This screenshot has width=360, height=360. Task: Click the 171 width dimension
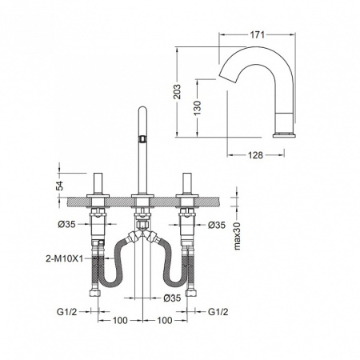coord(257,34)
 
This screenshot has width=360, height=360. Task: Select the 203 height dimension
coord(178,92)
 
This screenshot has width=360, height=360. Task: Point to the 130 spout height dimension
coord(198,108)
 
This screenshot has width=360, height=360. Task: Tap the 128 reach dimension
coord(255,155)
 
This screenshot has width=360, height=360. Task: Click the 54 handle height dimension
coord(60,186)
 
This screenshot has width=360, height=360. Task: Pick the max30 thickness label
coord(237,236)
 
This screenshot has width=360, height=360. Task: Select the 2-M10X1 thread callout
coord(65,258)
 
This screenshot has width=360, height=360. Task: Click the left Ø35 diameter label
coord(67,225)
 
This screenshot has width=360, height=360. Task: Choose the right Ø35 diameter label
coord(217,225)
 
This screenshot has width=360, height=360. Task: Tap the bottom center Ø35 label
coord(172,298)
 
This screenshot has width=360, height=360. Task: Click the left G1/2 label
coord(66,311)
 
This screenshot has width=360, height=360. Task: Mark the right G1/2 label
coord(218,311)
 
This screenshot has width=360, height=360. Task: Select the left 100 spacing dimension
coord(120,320)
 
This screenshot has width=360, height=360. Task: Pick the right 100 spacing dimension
coord(165,320)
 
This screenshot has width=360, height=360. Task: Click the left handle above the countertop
coord(98,184)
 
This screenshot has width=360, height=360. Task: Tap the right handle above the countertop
coord(187,184)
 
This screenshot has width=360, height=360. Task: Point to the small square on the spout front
coord(142,138)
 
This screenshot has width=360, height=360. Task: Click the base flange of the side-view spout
coord(284,135)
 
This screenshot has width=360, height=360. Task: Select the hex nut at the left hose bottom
coord(95,293)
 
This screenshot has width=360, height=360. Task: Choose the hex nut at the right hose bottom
coord(191,293)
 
